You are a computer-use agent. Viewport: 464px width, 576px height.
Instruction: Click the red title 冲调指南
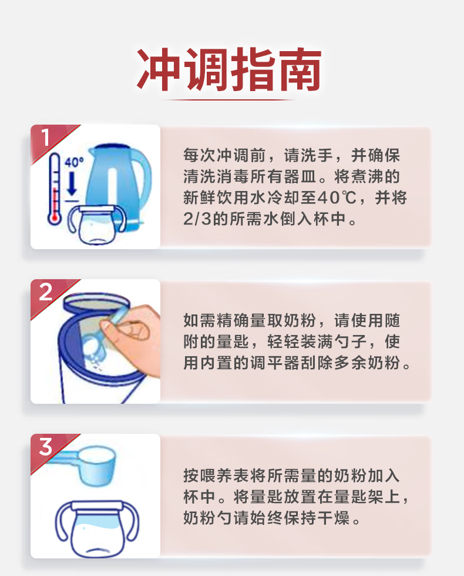pyautogui.click(x=229, y=69)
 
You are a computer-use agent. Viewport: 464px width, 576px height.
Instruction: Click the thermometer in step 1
pyautogui.click(x=54, y=189)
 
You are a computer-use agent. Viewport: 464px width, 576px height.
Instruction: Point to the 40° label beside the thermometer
pyautogui.click(x=74, y=162)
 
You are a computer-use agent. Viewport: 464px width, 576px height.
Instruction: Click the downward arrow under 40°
pyautogui.click(x=72, y=183)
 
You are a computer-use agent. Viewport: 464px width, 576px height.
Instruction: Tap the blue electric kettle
pyautogui.click(x=118, y=183)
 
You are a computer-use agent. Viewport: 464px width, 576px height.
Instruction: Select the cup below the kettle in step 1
pyautogui.click(x=97, y=224)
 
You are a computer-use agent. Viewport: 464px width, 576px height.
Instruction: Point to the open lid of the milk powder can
pyautogui.click(x=96, y=302)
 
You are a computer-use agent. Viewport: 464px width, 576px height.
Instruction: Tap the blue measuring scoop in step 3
pyautogui.click(x=85, y=465)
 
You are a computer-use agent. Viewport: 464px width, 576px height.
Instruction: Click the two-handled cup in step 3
pyautogui.click(x=97, y=528)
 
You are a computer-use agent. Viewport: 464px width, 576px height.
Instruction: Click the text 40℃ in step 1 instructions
pyautogui.click(x=337, y=198)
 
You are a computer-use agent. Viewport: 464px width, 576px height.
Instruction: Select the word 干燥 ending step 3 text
pyautogui.click(x=333, y=518)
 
